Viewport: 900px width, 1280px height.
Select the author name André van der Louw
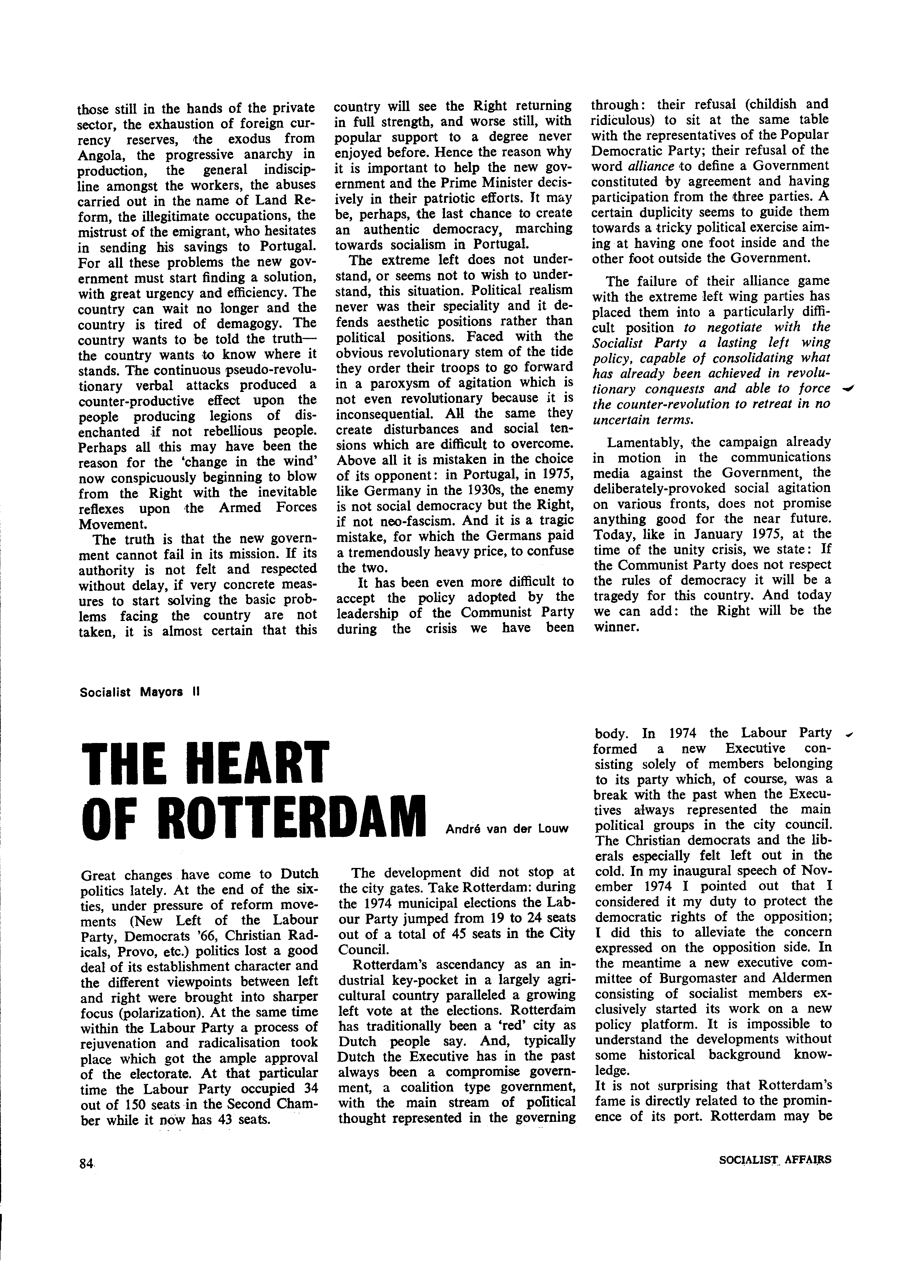pos(507,829)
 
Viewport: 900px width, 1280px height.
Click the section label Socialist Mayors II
pos(139,692)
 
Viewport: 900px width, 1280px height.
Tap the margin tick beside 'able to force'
pos(850,389)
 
